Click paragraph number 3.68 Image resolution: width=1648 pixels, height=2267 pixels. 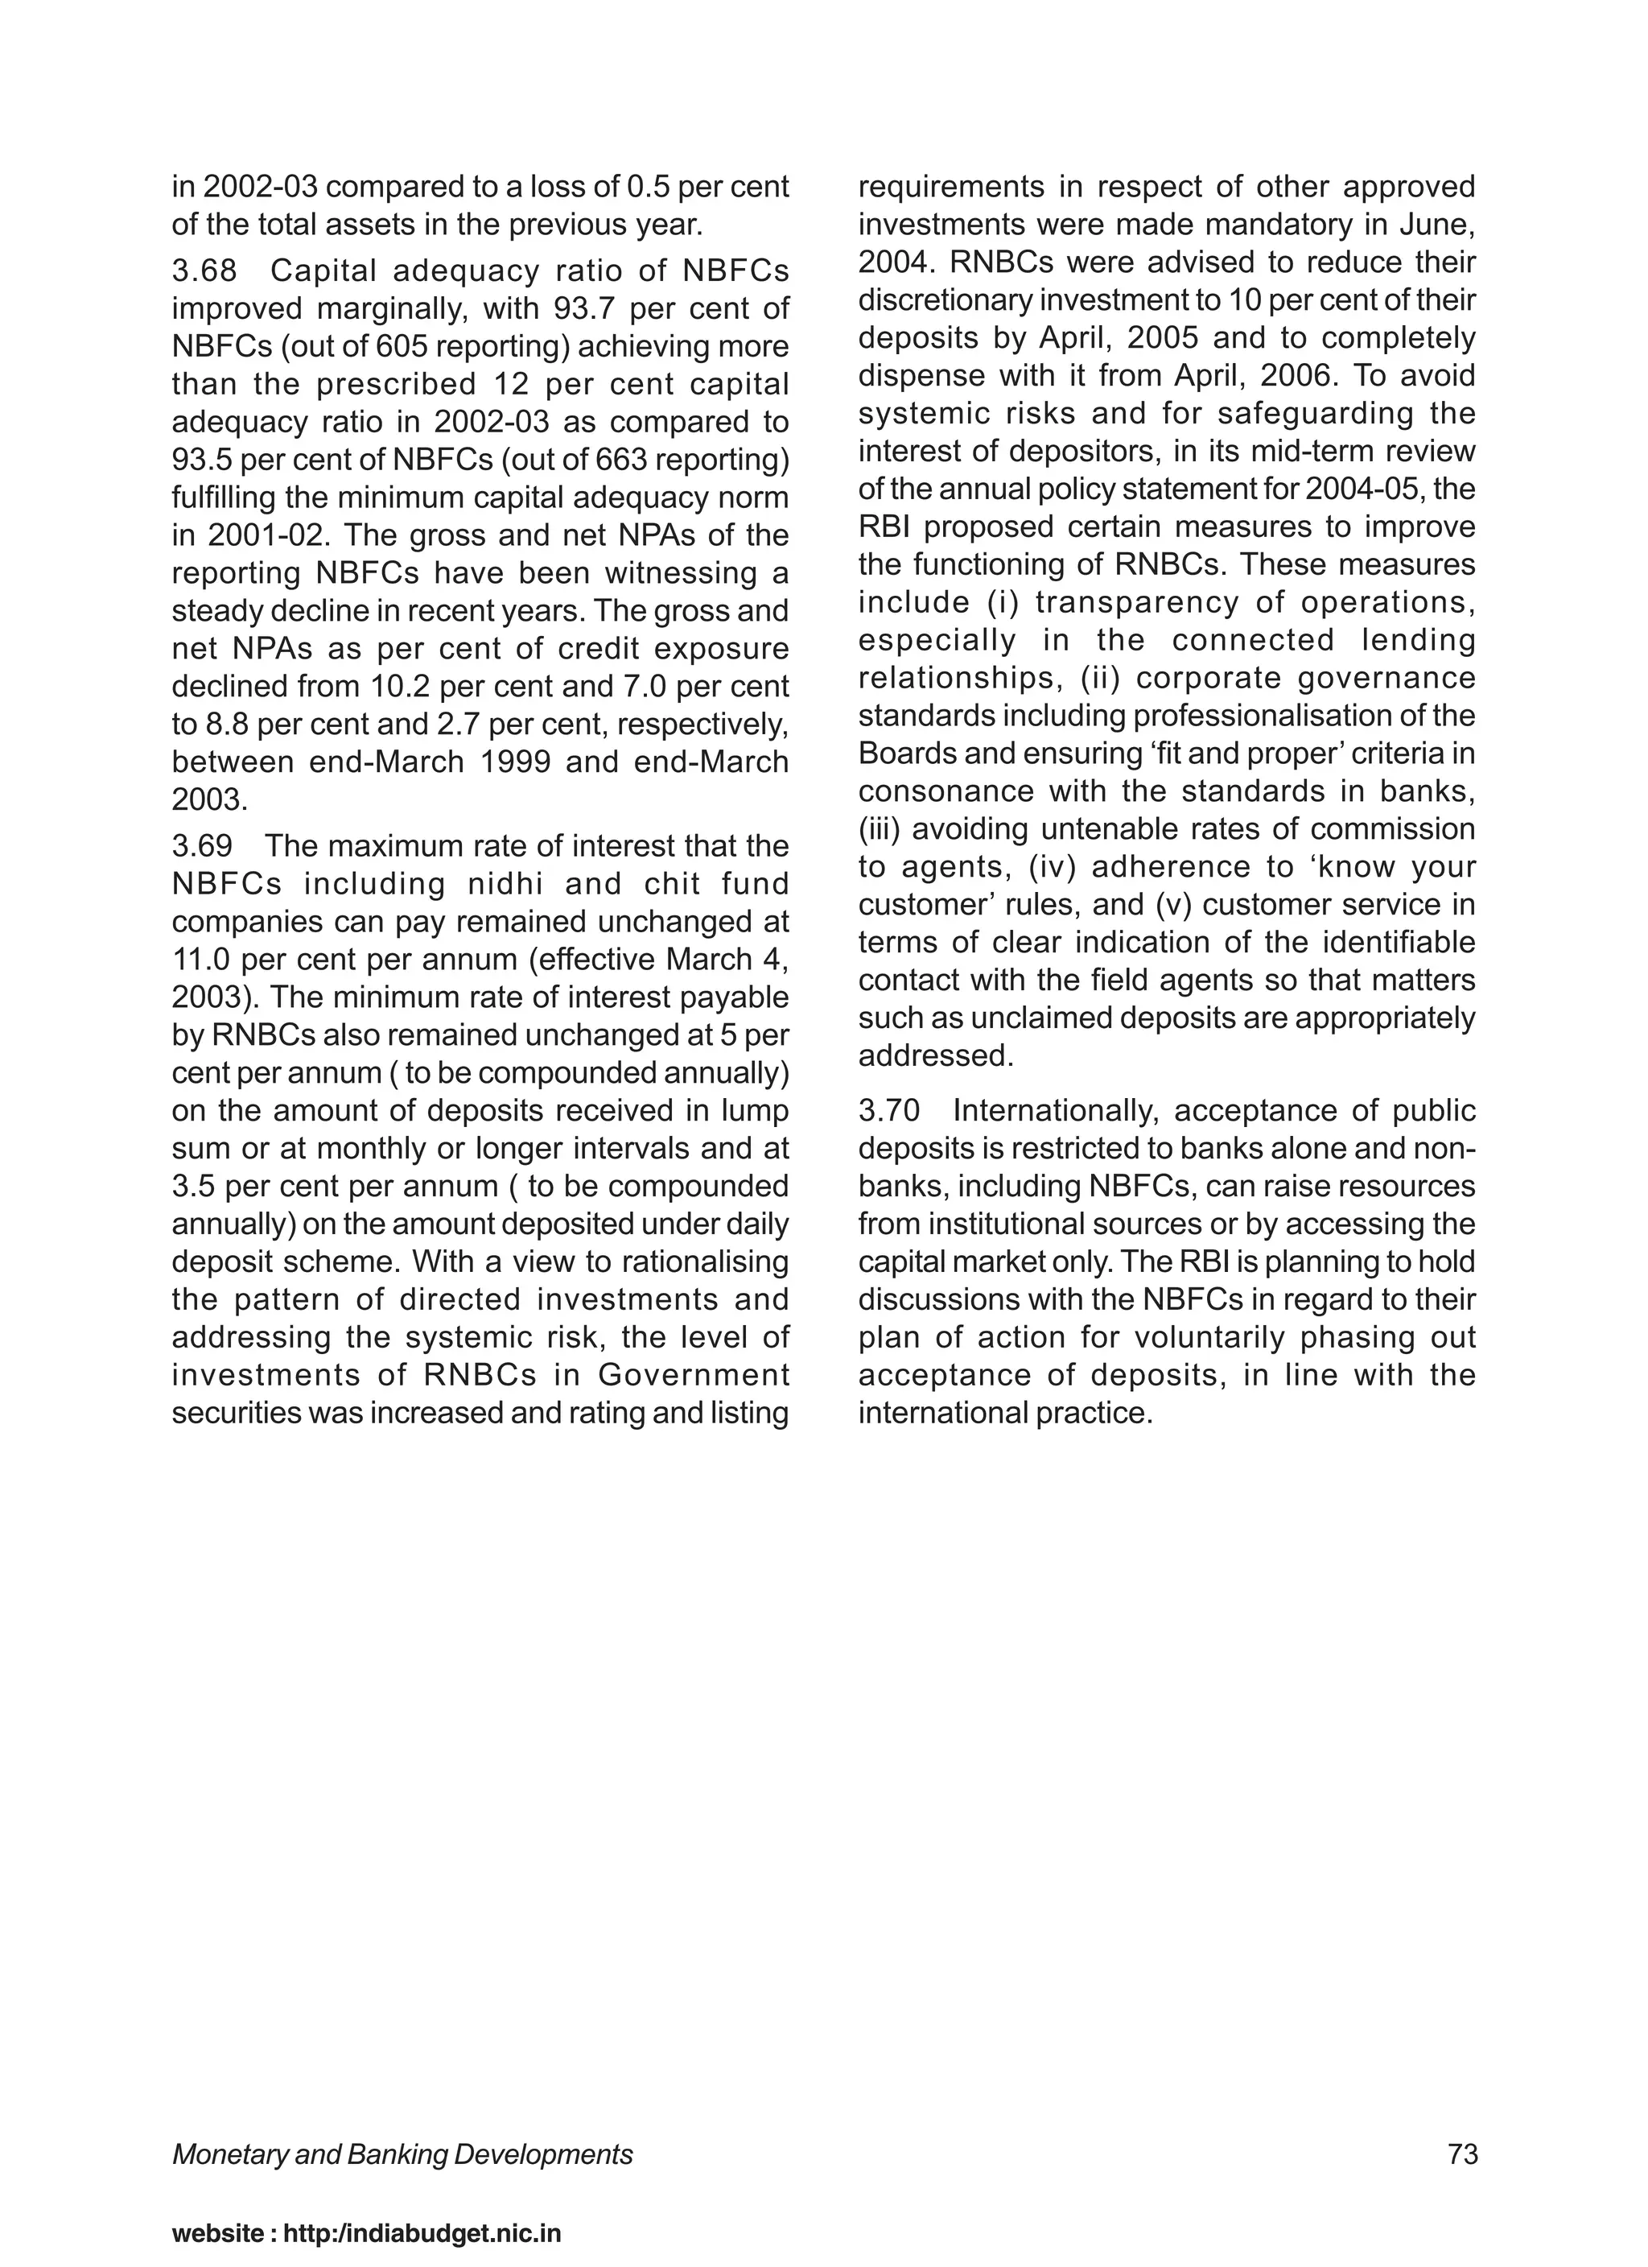pyautogui.click(x=204, y=270)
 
